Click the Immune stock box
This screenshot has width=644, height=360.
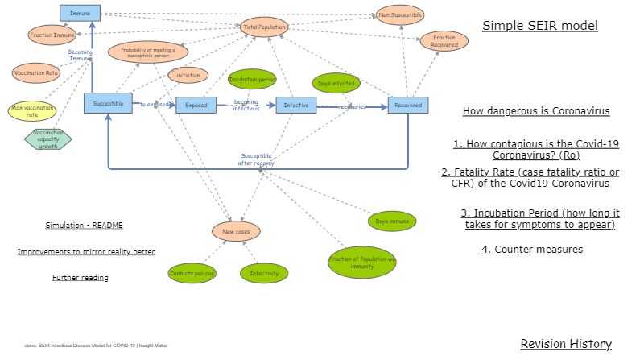coord(80,13)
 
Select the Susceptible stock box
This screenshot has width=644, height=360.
coord(108,103)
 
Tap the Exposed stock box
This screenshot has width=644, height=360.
coord(196,105)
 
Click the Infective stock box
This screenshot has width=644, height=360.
coord(295,105)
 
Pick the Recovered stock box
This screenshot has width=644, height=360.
coord(408,106)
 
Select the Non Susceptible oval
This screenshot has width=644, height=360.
coord(400,14)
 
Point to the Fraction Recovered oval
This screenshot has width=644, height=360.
coord(444,42)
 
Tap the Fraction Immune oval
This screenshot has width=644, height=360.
coord(52,35)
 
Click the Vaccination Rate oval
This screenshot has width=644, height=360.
coord(36,73)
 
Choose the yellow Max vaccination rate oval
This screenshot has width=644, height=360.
coord(33,110)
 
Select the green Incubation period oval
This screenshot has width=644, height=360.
coord(252,80)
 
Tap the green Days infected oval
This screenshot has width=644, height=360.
coord(336,83)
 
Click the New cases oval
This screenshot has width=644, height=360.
coord(236,232)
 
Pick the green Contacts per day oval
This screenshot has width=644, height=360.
coord(192,274)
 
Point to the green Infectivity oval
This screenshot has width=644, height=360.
coord(263,274)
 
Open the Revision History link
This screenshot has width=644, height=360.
coord(566,344)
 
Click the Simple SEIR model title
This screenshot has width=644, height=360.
coord(540,26)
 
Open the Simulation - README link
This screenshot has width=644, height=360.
coord(84,226)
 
